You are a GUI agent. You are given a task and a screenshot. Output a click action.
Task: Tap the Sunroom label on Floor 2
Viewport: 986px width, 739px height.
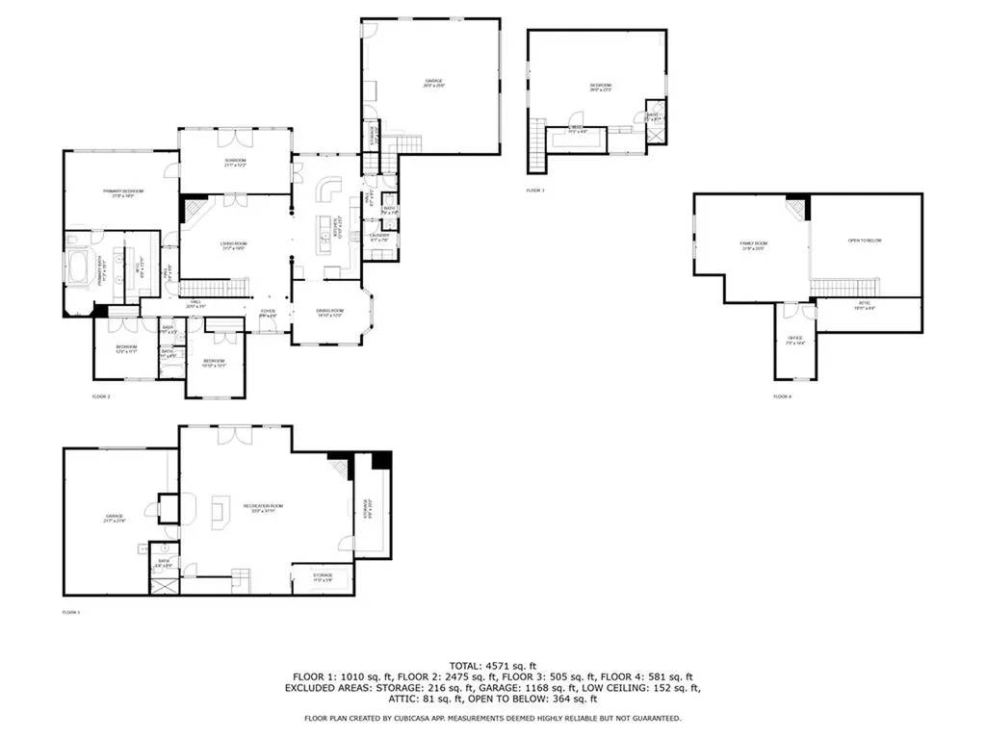click(x=236, y=163)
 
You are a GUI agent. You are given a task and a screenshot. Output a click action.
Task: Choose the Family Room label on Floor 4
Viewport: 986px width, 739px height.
click(x=752, y=245)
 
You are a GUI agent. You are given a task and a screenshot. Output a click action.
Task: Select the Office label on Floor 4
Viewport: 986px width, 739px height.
click(x=795, y=340)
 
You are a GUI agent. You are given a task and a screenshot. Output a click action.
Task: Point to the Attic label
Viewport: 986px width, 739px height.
click(x=864, y=307)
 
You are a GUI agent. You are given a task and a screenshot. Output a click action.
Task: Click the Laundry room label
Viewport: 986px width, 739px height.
click(x=379, y=236)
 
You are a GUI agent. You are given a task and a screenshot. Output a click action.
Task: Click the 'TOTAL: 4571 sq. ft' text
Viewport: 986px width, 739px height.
click(x=493, y=666)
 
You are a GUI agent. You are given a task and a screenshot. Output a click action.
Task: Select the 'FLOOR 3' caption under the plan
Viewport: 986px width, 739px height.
click(x=535, y=191)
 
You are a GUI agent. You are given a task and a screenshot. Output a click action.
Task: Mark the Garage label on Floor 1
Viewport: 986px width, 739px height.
click(x=115, y=519)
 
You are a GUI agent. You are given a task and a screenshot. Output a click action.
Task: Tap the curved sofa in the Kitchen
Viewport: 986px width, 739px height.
click(x=330, y=188)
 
